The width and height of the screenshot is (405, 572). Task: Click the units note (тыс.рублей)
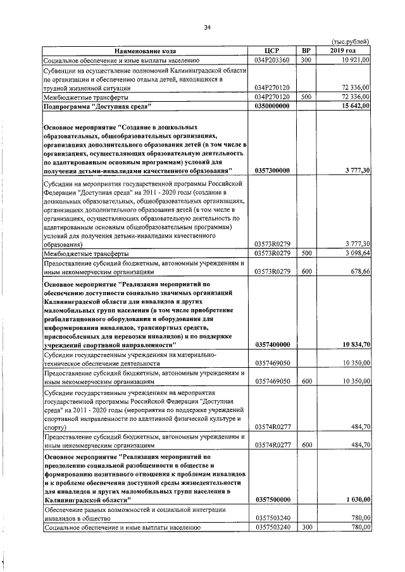pos(350,41)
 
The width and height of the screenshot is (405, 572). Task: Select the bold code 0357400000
pos(271,344)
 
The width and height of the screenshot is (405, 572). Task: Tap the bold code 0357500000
pos(271,499)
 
